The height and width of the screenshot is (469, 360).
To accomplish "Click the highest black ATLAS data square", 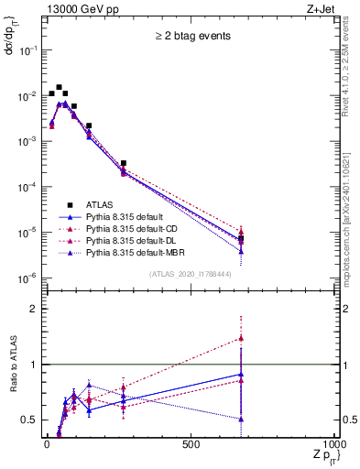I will click(x=59, y=88).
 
